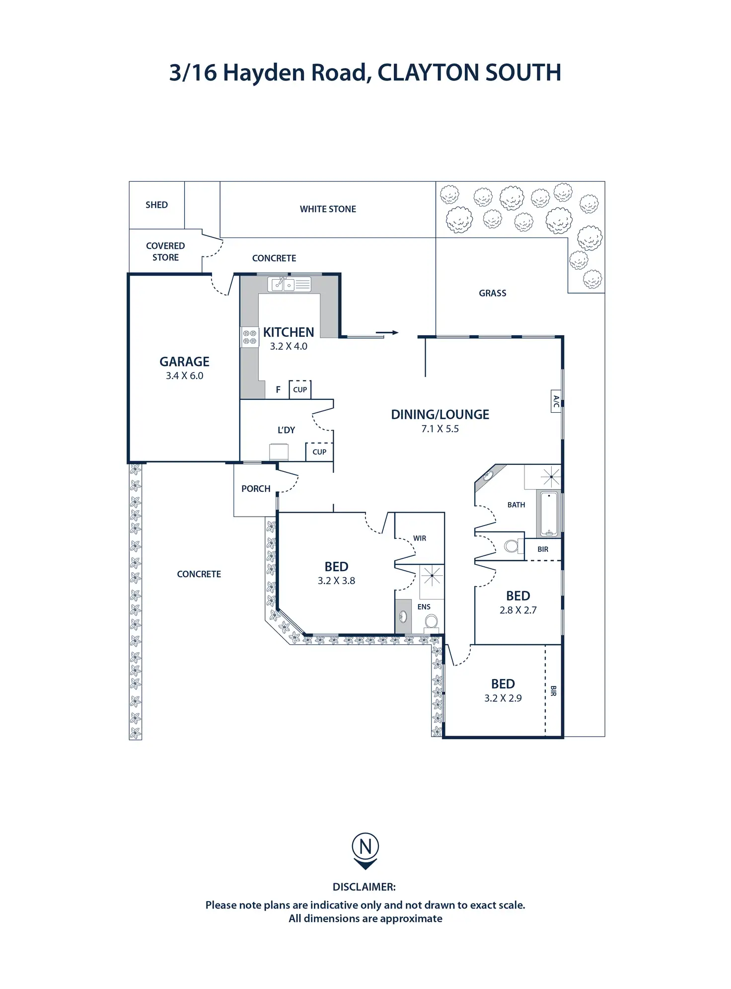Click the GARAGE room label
point(184,362)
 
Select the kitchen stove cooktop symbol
point(250,337)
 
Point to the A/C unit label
point(556,401)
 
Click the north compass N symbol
point(365,846)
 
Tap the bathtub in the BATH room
point(549,514)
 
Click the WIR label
point(420,538)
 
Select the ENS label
point(424,607)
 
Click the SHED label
point(156,205)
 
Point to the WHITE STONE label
point(328,209)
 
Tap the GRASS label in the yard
point(493,293)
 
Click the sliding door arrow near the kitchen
point(387,332)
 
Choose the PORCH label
point(256,489)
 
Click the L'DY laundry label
point(286,430)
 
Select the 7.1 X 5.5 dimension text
point(440,429)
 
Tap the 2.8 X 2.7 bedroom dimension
point(518,610)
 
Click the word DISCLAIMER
point(364,887)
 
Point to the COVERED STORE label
point(165,251)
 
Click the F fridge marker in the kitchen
point(278,390)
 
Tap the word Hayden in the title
point(263,73)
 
